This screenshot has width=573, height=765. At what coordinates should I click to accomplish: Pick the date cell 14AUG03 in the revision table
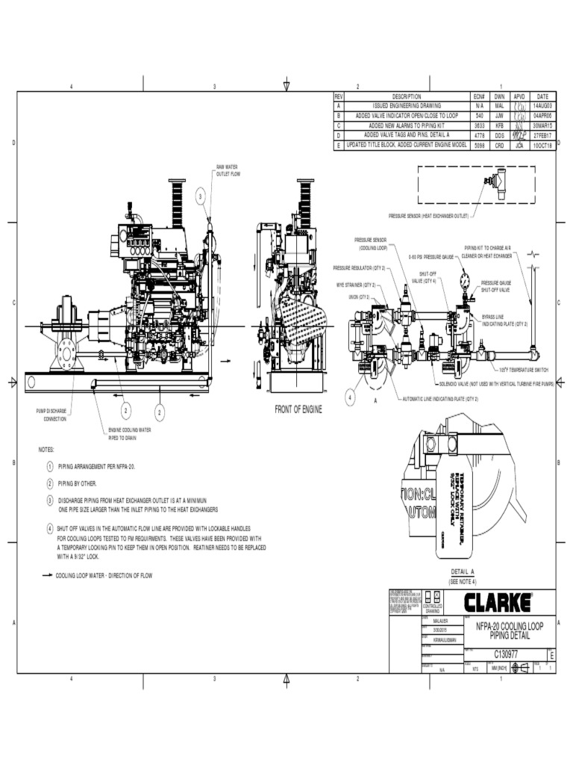pos(542,107)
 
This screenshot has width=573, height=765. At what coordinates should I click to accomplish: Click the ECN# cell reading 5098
pos(479,145)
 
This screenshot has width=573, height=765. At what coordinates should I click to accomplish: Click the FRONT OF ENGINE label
pos(298,409)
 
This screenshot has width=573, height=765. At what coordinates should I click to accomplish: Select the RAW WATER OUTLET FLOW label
pos(228,170)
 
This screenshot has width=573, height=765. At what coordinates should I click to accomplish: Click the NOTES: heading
pos(47,450)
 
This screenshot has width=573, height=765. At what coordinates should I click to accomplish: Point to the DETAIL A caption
pos(462,572)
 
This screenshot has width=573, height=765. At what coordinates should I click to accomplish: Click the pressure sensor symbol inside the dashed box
pos(493,180)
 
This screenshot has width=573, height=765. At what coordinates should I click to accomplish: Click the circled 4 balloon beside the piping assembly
pos(350,397)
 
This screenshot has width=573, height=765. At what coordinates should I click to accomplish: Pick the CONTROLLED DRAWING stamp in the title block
pos(433,602)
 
